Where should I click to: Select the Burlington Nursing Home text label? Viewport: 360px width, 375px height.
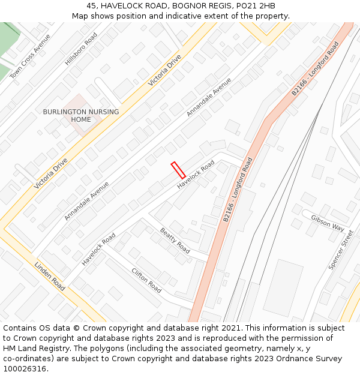[81, 115]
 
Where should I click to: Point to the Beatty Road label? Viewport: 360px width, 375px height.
[175, 240]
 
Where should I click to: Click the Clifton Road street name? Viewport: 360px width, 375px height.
[146, 280]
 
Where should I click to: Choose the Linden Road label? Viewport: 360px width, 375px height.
[49, 276]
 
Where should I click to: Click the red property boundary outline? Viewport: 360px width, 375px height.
[178, 170]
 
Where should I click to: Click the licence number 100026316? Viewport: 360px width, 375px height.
[26, 369]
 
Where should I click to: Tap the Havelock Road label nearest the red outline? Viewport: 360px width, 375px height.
[196, 174]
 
